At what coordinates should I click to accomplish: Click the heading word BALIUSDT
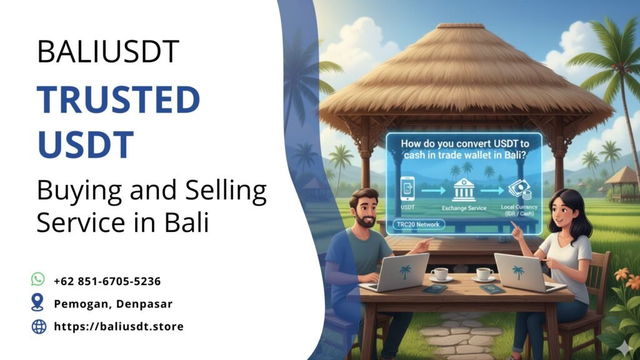(108, 51)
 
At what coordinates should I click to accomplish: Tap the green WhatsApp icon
(38, 279)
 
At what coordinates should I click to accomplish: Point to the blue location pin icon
(38, 302)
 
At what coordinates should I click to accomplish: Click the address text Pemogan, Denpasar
(113, 304)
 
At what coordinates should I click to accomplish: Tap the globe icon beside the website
(39, 326)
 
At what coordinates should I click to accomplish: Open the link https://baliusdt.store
(119, 326)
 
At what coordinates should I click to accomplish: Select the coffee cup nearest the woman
(484, 274)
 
